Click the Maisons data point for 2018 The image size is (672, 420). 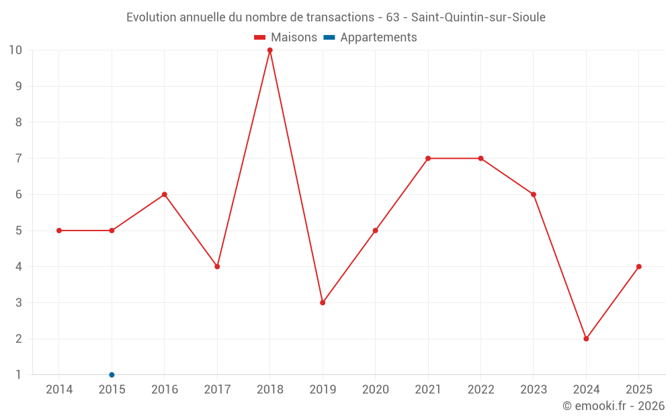(269, 50)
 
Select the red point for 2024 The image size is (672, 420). (586, 339)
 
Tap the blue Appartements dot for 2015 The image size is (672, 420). (112, 375)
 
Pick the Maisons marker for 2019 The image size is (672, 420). (323, 302)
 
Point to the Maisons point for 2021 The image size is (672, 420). (428, 159)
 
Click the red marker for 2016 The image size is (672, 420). (165, 194)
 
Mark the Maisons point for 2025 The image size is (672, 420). (638, 267)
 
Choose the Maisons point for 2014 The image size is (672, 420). (59, 230)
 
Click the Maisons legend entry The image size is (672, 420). (286, 38)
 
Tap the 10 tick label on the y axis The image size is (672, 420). (15, 50)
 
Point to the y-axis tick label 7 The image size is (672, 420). (18, 159)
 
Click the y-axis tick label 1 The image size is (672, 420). (18, 375)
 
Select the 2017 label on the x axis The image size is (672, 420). (217, 390)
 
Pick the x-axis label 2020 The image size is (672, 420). (375, 390)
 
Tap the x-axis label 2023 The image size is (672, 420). (534, 390)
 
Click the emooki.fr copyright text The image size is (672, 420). (614, 406)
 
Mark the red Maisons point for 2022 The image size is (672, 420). (480, 159)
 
